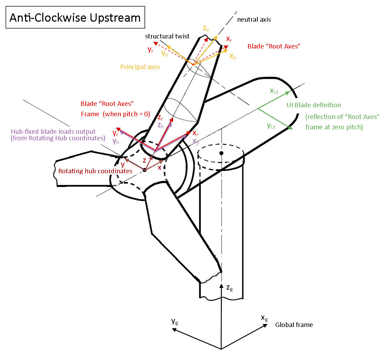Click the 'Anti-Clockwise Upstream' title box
pos(75,18)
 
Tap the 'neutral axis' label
pos(254,20)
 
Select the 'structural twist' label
pos(167,36)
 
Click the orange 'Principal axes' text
pos(140,67)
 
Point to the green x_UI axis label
pos(274,91)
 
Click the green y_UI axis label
pos(271,126)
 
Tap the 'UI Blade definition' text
pos(314,105)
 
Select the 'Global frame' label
pos(294,325)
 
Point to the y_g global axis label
pos(175,321)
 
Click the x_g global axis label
pos(264,318)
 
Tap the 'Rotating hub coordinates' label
pos(95,171)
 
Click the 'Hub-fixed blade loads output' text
pos(53,131)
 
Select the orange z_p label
pos(206,29)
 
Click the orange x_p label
pos(233,57)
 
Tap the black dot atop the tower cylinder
pos(221,153)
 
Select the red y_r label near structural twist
pos(150,50)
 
